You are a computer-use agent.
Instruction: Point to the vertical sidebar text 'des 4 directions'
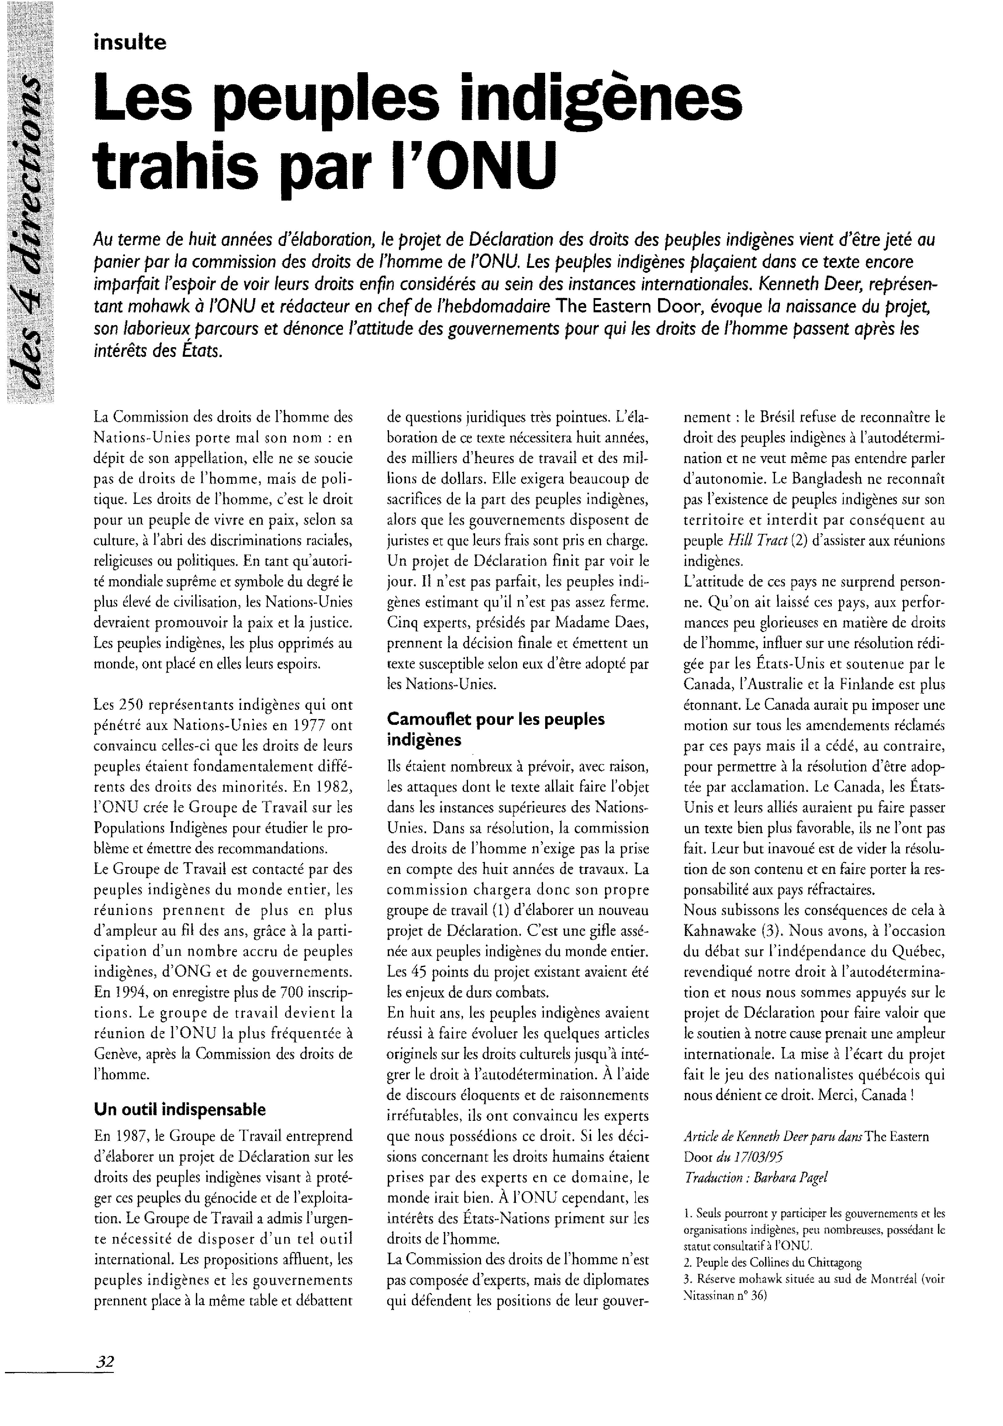pos(28,236)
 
